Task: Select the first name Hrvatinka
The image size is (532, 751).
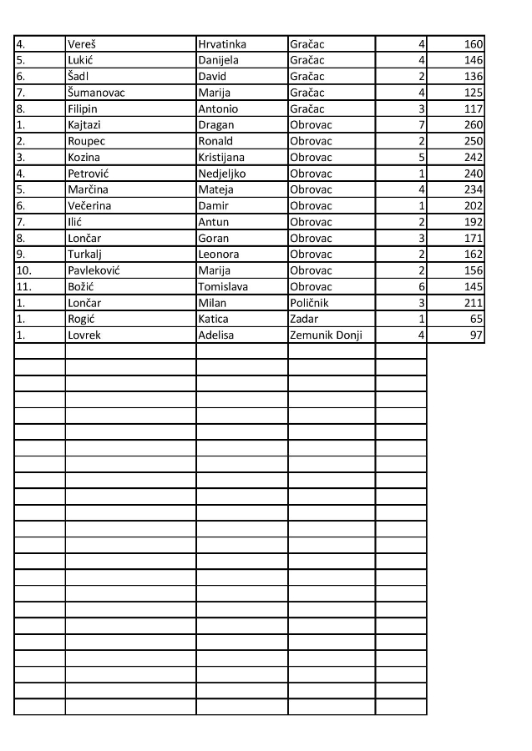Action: pos(222,44)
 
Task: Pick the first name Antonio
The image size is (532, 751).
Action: pos(218,109)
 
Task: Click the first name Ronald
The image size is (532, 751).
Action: pos(215,141)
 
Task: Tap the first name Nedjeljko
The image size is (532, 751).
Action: pos(222,174)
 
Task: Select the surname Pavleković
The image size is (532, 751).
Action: pos(94,270)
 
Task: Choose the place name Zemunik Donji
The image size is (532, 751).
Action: pos(326,335)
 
